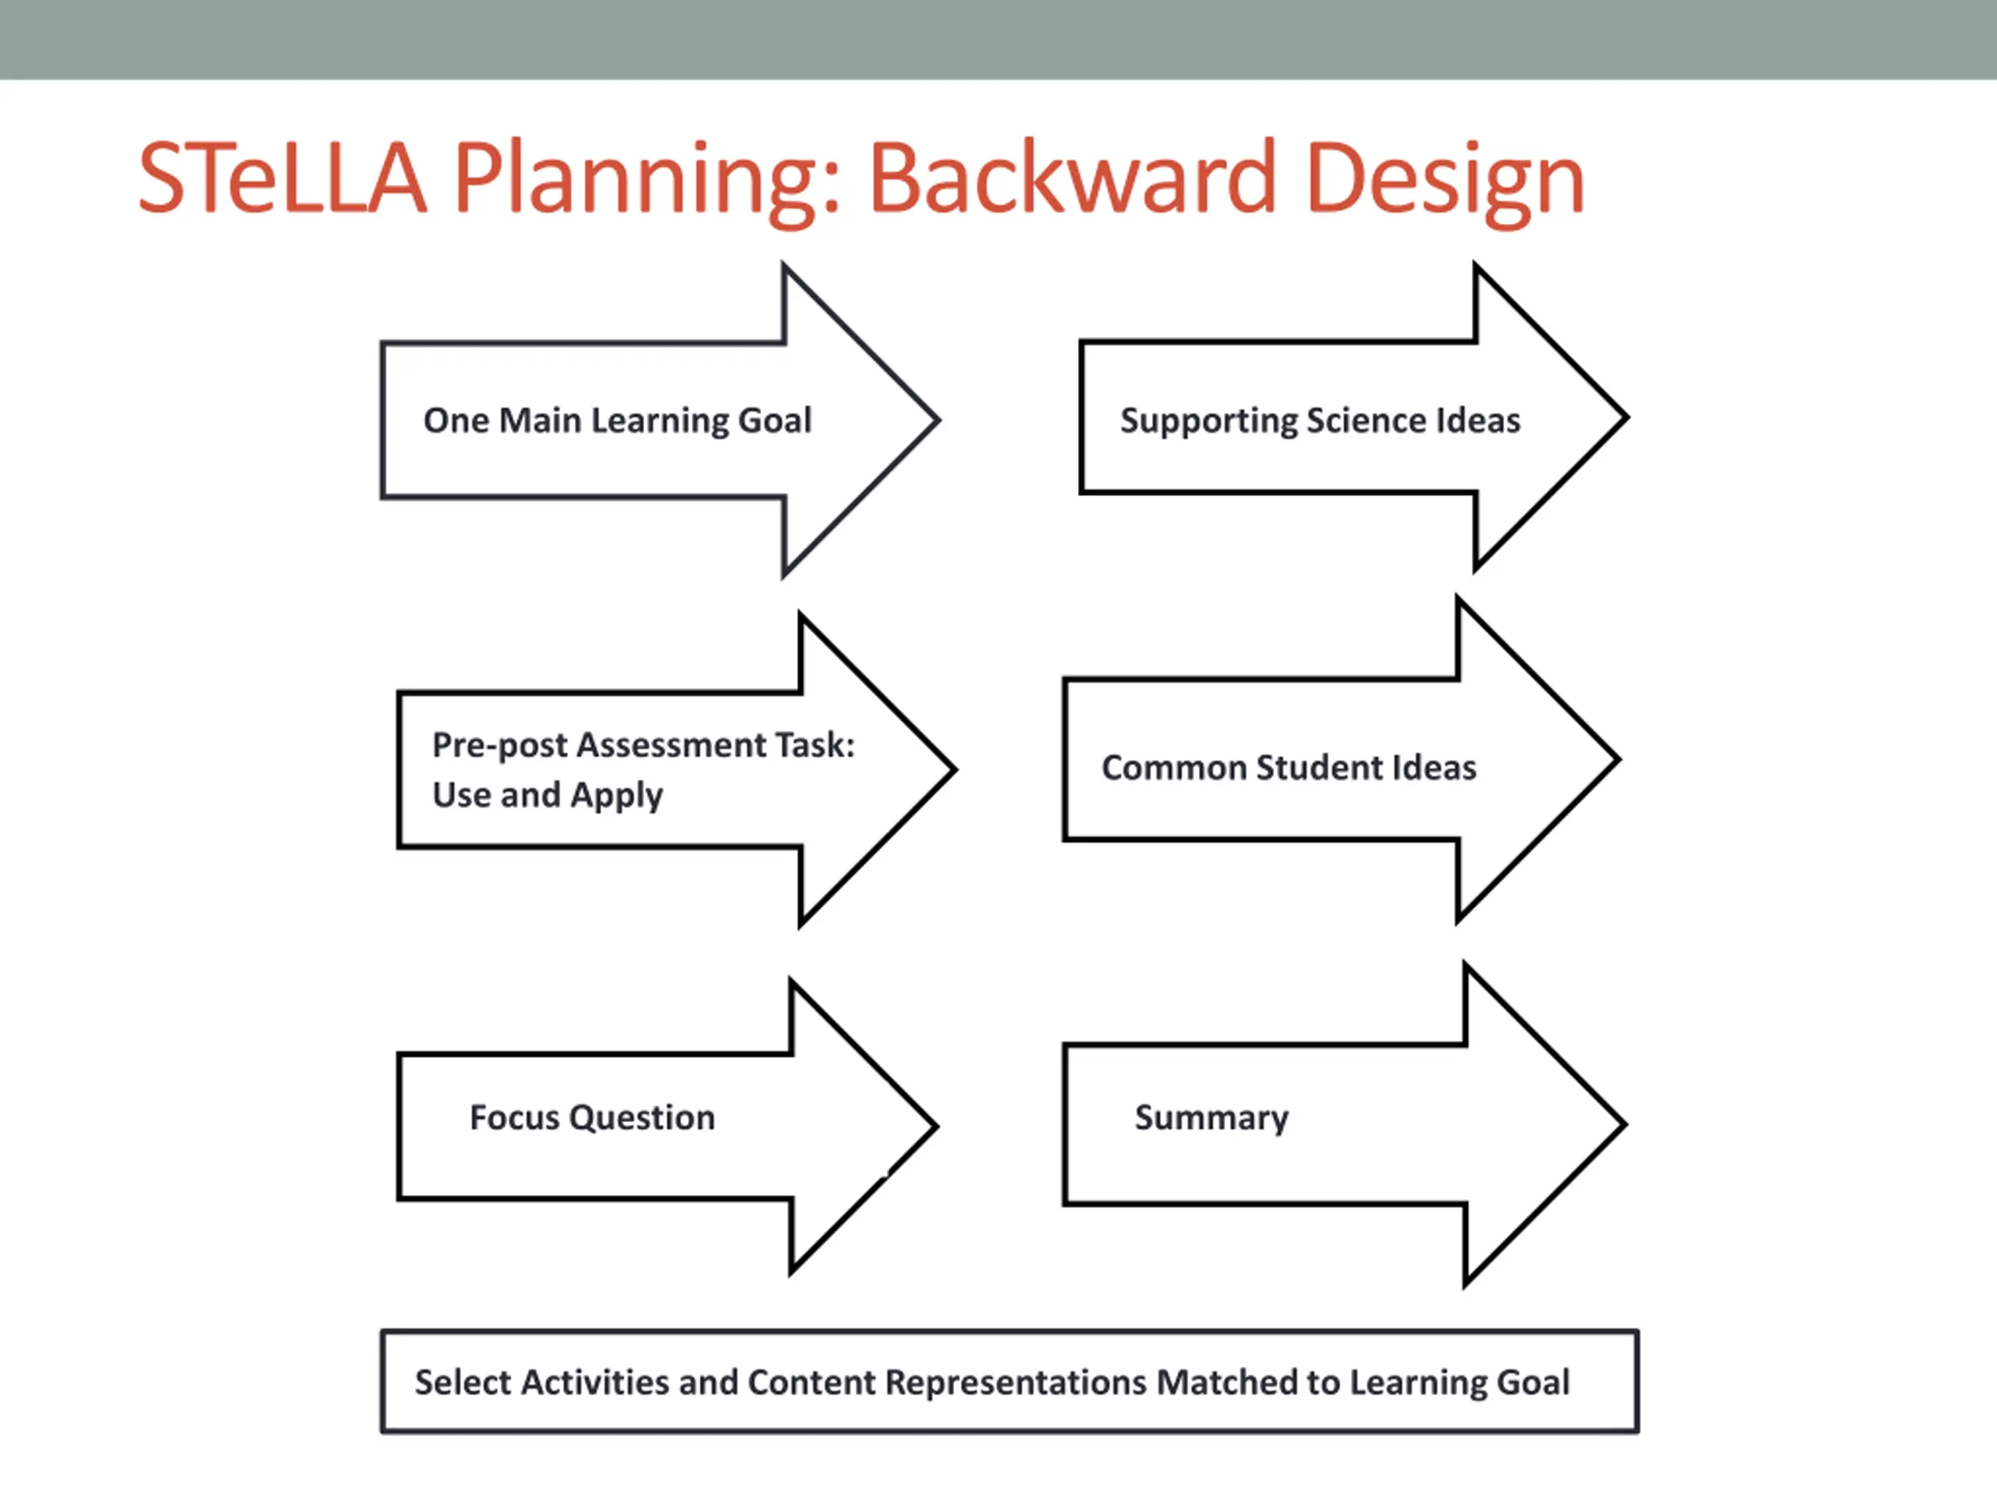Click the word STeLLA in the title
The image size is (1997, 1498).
tap(282, 178)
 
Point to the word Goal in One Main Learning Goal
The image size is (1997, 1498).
tap(775, 421)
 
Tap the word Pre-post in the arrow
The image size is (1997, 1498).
tap(499, 746)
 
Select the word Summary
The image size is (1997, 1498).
tap(1211, 1118)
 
